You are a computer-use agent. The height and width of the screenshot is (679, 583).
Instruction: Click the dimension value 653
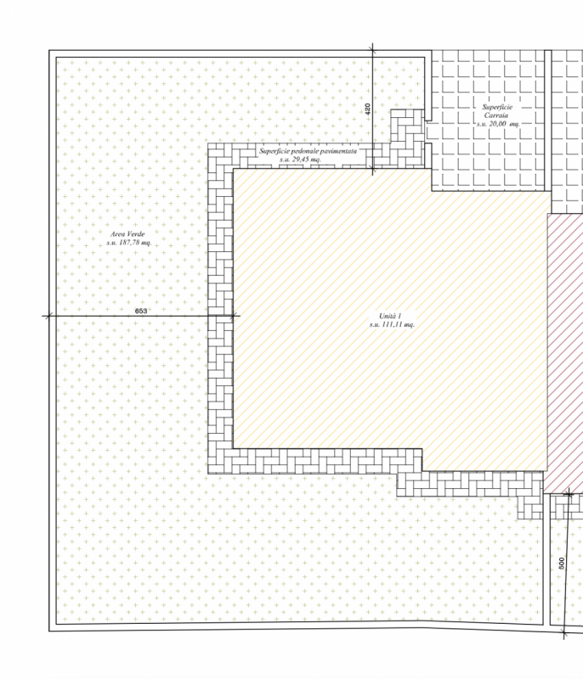pyautogui.click(x=141, y=311)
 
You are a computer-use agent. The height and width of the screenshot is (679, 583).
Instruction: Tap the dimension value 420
pyautogui.click(x=368, y=109)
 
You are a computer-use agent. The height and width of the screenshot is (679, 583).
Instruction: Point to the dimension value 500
pyautogui.click(x=562, y=563)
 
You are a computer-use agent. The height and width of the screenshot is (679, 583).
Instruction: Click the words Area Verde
pyautogui.click(x=127, y=234)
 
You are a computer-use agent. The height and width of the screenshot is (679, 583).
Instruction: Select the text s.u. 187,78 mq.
pyautogui.click(x=129, y=243)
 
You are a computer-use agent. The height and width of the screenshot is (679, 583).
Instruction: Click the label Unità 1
pyautogui.click(x=390, y=316)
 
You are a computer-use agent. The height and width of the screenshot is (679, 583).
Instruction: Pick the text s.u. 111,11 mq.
pyautogui.click(x=393, y=324)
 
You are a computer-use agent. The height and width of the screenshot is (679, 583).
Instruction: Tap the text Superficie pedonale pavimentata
pyautogui.click(x=308, y=151)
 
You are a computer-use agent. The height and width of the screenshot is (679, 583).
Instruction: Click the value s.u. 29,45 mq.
pyautogui.click(x=300, y=160)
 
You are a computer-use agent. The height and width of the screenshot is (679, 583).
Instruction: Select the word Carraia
pyautogui.click(x=496, y=115)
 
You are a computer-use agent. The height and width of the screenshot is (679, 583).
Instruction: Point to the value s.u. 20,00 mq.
pyautogui.click(x=498, y=123)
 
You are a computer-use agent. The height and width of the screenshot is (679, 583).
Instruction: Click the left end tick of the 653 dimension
pyautogui.click(x=49, y=316)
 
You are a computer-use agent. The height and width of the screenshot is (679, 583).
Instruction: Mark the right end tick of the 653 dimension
pyautogui.click(x=233, y=316)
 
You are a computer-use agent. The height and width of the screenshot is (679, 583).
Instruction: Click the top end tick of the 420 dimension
pyautogui.click(x=373, y=51)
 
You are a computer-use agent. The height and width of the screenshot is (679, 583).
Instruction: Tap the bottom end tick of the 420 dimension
pyautogui.click(x=373, y=168)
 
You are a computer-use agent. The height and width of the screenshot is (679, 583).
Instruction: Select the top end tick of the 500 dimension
pyautogui.click(x=569, y=494)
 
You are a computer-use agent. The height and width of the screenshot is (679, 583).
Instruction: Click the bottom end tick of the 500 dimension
pyautogui.click(x=564, y=632)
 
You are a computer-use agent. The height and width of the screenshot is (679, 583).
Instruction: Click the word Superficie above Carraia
pyautogui.click(x=497, y=107)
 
